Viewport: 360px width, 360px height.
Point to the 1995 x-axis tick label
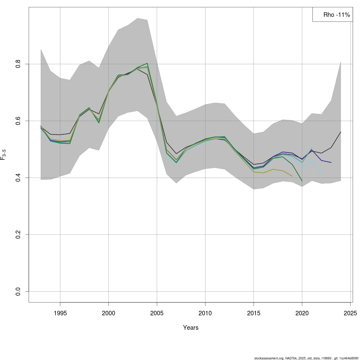point(60,313)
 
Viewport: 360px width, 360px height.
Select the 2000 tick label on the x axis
point(108,313)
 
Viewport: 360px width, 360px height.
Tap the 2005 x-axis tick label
point(157,313)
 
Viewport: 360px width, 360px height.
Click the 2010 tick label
point(205,313)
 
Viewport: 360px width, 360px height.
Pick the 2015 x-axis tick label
point(254,313)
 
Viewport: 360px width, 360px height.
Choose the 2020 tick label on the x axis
point(302,313)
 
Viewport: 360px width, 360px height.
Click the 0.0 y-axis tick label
point(18,291)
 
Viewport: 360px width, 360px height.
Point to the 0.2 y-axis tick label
point(18,234)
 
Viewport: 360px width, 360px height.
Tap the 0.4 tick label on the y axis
point(18,178)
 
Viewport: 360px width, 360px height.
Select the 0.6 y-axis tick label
point(18,121)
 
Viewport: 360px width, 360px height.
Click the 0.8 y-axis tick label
point(18,64)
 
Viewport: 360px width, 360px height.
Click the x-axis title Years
point(191,328)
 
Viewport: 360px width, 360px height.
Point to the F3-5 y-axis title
point(3,154)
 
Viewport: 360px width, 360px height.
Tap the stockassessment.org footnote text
point(306,358)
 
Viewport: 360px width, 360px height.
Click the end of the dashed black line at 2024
point(341,132)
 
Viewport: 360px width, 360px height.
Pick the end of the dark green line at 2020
point(302,181)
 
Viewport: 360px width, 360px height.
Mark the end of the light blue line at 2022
point(321,174)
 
